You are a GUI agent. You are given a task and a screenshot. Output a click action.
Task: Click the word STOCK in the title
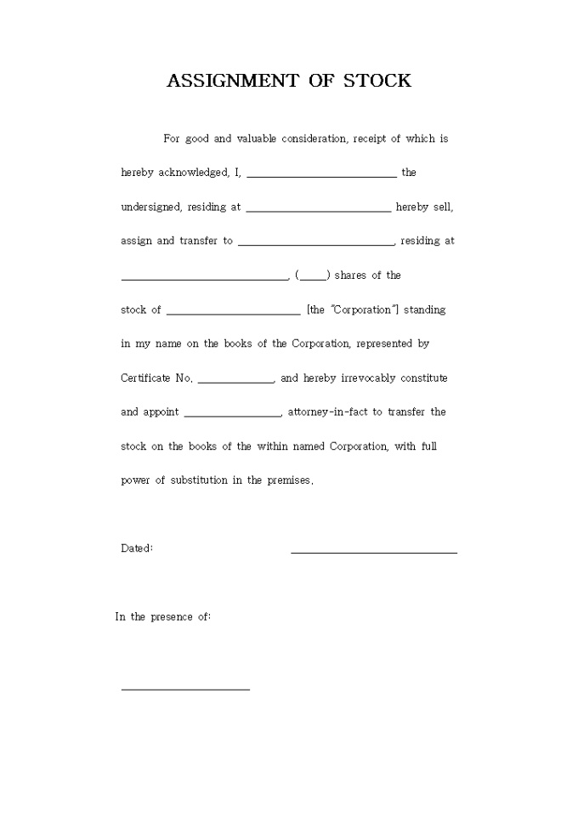377,81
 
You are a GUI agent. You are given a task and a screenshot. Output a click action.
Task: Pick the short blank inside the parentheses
313,278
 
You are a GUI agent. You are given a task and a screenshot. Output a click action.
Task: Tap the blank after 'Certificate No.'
235,381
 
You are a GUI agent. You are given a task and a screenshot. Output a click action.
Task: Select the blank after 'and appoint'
232,415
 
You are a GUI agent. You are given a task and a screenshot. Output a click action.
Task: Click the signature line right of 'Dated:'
374,552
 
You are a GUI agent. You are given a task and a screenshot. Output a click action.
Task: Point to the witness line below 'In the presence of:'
185,689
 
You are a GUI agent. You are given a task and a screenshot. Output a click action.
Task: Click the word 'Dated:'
137,548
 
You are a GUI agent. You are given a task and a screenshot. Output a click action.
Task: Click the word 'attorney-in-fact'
324,412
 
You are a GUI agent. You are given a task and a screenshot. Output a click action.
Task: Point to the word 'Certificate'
145,378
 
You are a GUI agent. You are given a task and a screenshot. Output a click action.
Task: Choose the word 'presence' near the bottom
172,616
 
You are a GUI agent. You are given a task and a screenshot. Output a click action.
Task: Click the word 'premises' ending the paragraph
289,480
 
